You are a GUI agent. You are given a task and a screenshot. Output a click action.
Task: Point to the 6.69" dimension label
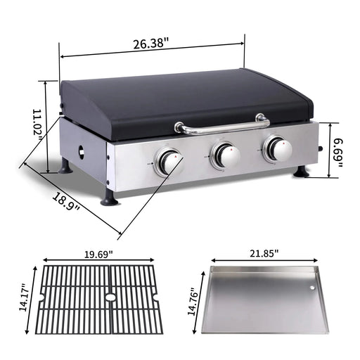338,150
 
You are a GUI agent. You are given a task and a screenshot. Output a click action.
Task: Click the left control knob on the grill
169,162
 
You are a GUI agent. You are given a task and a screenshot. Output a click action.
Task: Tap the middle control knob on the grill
226,154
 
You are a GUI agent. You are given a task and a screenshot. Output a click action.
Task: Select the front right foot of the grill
301,171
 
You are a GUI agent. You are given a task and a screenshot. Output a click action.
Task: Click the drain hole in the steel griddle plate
311,289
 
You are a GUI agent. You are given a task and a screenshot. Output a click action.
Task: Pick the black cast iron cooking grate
98,299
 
